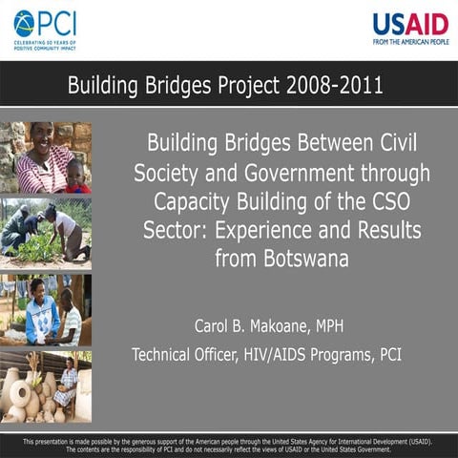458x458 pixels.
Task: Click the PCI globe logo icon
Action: point(24,23)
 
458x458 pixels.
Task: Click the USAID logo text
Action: point(410,23)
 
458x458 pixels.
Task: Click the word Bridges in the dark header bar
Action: point(177,85)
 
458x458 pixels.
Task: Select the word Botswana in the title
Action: point(284,258)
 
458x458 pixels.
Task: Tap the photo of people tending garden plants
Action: point(46,233)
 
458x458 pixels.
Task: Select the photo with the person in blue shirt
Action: point(46,310)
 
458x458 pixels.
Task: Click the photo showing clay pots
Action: point(46,386)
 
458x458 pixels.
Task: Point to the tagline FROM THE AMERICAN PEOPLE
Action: point(410,42)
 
